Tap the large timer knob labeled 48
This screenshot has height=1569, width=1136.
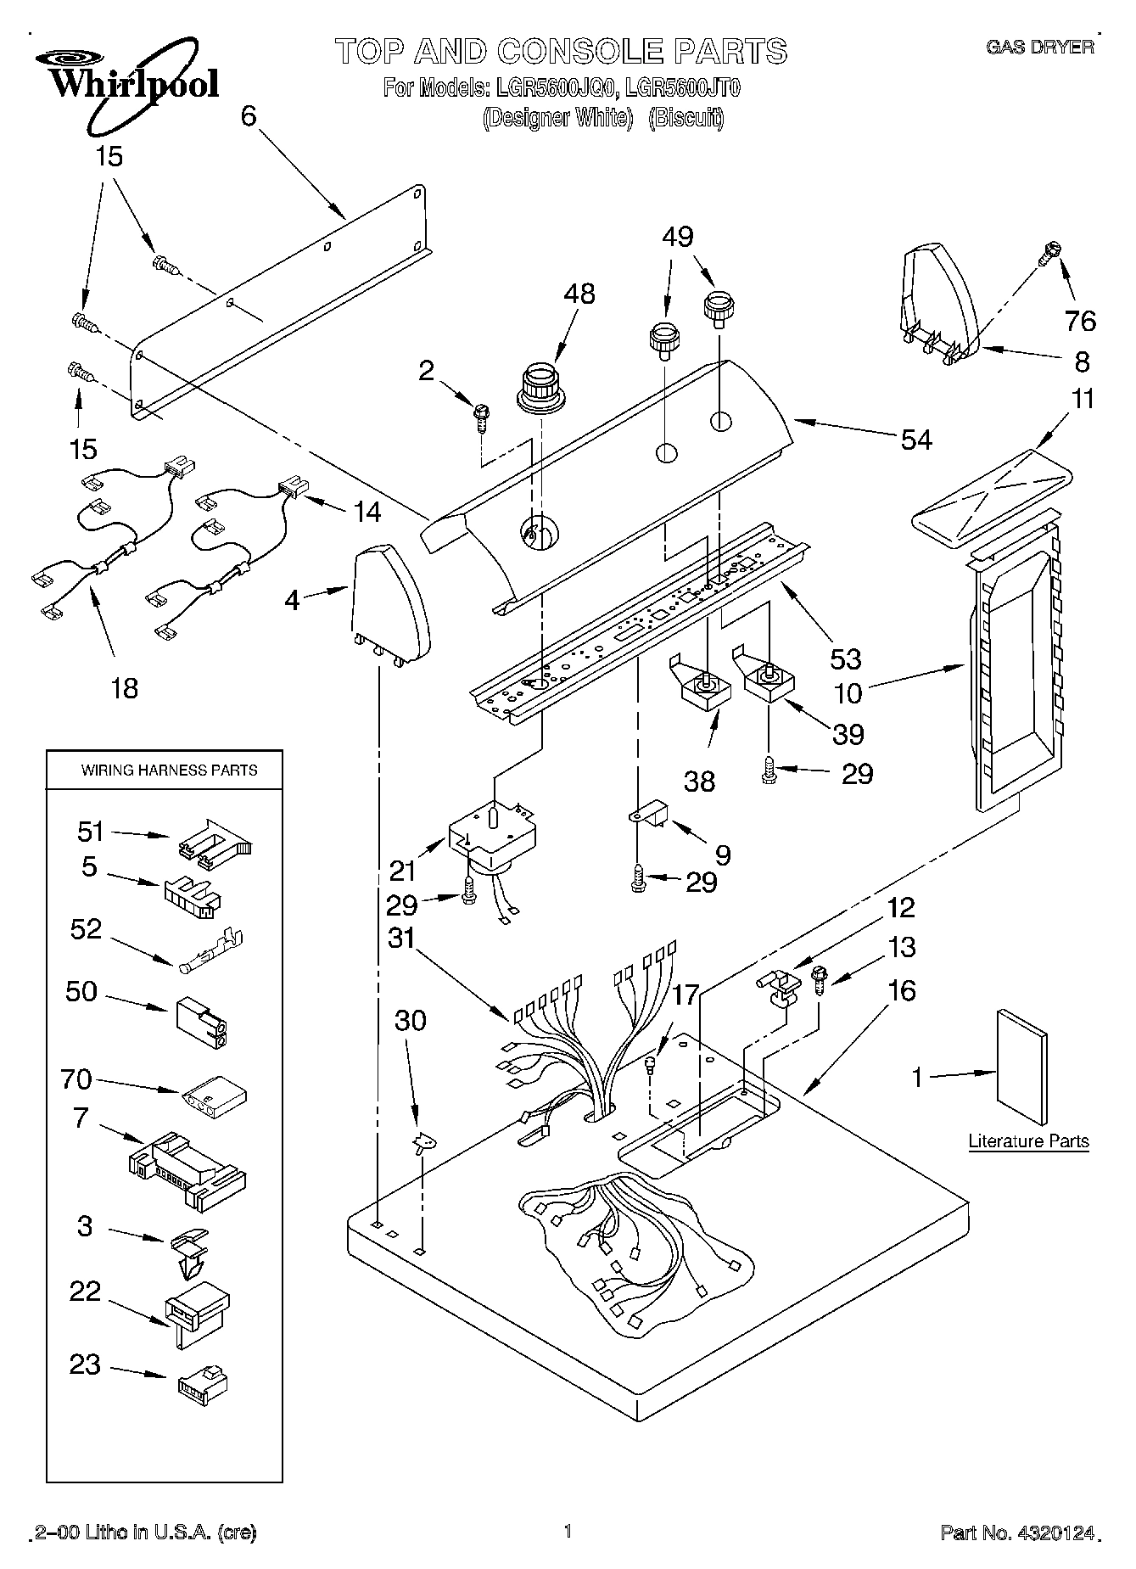coord(542,389)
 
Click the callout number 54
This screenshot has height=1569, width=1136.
coord(916,440)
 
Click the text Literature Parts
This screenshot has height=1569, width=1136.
coord(1028,1141)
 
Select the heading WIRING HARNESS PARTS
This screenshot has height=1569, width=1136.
coord(169,770)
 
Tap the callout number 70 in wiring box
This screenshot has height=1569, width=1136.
coord(76,1079)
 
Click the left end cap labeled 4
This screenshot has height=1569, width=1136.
coord(389,605)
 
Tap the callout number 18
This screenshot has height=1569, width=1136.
coord(124,687)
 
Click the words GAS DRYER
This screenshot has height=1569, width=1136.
coord(1040,47)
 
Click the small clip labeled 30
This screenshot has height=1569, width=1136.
coord(423,1145)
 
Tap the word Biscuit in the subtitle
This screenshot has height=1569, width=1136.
coord(686,118)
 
